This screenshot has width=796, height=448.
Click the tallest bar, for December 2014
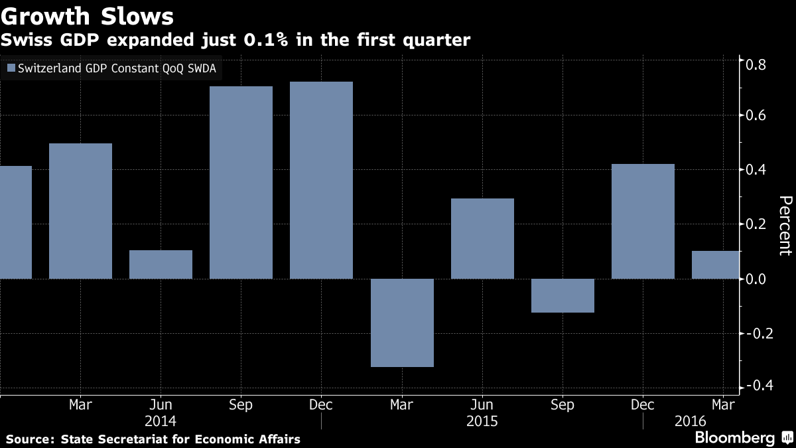[x=321, y=180]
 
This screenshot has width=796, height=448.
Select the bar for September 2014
[x=241, y=183]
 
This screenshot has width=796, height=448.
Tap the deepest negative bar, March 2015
[x=402, y=323]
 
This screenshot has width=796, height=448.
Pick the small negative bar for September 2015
[x=563, y=295]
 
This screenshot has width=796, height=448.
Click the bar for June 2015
[x=482, y=238]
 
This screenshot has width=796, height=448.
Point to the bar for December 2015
[x=643, y=221]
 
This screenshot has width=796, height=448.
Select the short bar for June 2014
[x=161, y=264]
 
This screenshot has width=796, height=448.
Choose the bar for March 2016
[x=715, y=264]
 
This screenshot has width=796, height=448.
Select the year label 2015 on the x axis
[x=482, y=421]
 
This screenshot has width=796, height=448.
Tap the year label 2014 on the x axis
[x=161, y=421]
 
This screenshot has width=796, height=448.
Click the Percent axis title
[x=785, y=226]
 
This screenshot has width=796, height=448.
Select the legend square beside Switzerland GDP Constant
[x=11, y=68]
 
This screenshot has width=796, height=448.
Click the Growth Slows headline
[x=88, y=15]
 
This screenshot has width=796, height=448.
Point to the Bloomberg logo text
[x=734, y=437]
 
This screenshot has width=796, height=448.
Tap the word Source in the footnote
[x=29, y=439]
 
